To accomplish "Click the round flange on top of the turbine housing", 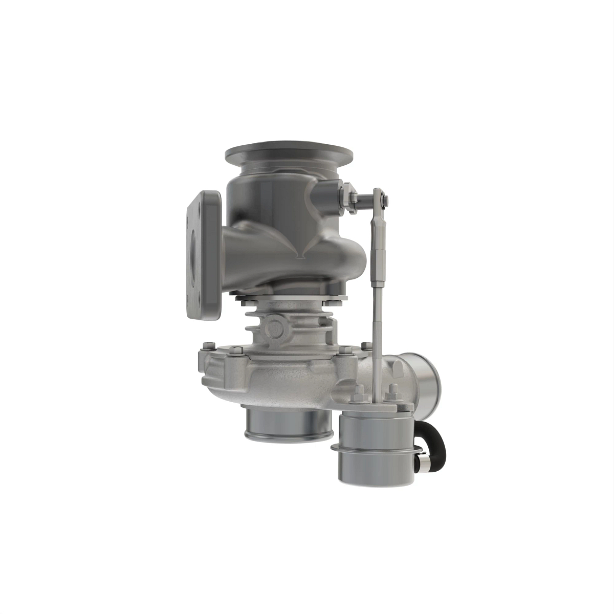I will [x=289, y=153].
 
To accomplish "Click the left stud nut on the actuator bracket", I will [x=357, y=393].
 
